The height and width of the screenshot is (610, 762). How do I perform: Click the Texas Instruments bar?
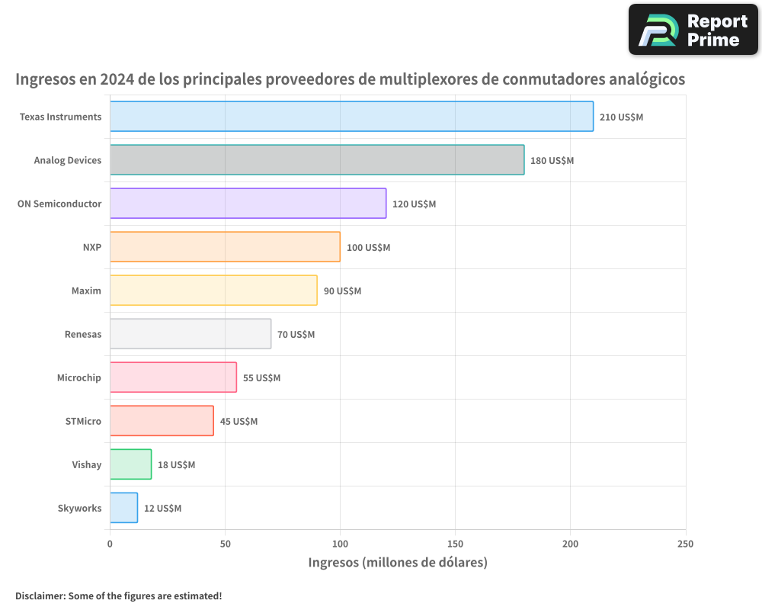coord(351,117)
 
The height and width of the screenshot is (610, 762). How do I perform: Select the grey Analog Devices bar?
coord(317,160)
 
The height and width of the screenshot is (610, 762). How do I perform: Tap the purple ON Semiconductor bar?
coord(248,204)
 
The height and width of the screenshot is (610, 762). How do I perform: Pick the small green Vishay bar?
coord(130,464)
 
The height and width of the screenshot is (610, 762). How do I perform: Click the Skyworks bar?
coord(123,508)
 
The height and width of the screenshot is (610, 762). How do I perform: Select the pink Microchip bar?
coord(173,377)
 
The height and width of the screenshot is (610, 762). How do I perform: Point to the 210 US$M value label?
coord(621,117)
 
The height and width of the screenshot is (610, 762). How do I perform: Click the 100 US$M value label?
coord(368,247)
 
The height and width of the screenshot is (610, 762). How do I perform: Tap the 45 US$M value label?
coord(239,421)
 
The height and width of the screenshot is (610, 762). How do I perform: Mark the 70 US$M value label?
coord(296,334)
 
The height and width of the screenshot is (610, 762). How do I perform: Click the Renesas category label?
coord(83,334)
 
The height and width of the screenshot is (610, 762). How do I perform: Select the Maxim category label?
coord(86,291)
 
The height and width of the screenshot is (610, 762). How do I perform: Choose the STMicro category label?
coord(83,421)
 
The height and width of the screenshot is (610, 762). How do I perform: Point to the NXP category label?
coord(91,247)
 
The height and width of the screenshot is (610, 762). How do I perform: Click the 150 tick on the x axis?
coord(455,544)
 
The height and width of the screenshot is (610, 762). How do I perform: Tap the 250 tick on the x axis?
coord(685,544)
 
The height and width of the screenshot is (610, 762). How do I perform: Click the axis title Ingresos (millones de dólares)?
coord(397,563)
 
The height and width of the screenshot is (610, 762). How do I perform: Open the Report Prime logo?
coord(693,30)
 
